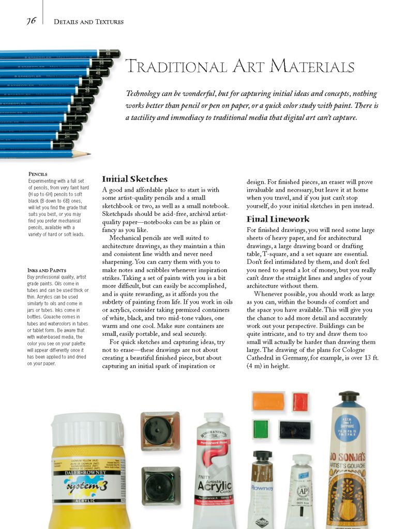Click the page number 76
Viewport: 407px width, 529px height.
31,21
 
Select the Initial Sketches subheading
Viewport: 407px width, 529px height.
134,179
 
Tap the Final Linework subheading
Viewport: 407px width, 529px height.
278,219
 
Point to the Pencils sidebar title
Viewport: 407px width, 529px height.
38,174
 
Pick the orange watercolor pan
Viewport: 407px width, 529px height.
268,401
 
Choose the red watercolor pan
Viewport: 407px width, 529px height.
300,401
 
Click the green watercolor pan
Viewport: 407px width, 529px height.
261,429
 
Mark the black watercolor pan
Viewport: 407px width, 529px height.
295,429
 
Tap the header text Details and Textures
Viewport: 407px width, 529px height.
88,22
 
